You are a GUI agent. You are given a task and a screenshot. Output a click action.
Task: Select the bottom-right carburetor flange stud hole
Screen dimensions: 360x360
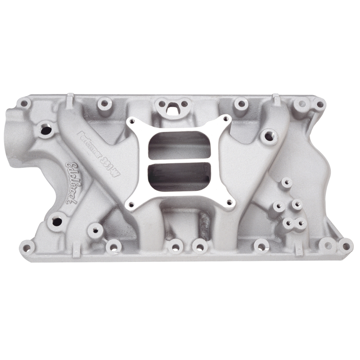pos(230,202)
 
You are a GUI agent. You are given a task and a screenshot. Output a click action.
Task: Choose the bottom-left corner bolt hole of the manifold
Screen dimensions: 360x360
pos(26,246)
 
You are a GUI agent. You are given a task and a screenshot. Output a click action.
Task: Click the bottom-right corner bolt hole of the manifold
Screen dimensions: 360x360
pos(346,246)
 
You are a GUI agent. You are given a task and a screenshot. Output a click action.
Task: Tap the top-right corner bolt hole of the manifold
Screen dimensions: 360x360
pos(319,105)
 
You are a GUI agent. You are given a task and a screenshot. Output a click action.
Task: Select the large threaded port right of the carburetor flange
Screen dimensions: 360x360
pos(269,135)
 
